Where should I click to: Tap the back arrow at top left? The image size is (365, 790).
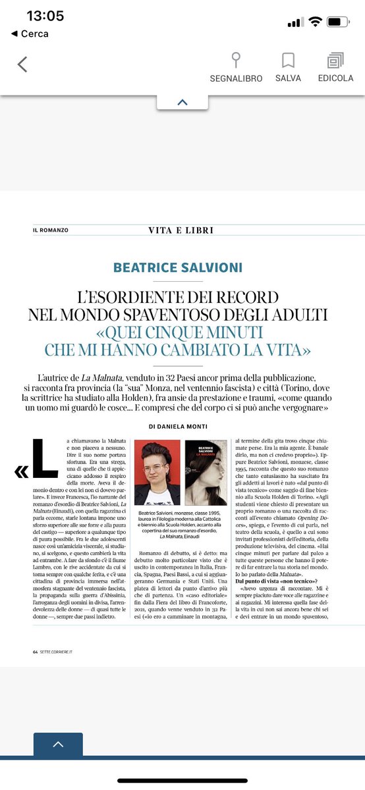pyautogui.click(x=22, y=64)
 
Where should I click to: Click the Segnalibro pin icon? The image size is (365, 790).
pyautogui.click(x=236, y=61)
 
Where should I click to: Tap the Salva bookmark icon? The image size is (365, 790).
pyautogui.click(x=287, y=61)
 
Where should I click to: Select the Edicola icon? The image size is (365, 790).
pyautogui.click(x=335, y=61)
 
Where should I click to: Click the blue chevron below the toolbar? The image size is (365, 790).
pyautogui.click(x=182, y=102)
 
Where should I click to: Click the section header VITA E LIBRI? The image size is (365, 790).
pyautogui.click(x=181, y=230)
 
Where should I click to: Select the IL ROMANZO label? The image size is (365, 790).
pyautogui.click(x=51, y=230)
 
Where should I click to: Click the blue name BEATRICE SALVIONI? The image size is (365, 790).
pyautogui.click(x=177, y=267)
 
